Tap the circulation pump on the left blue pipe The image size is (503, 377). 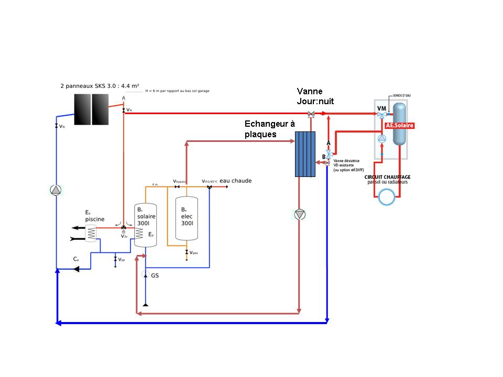[56, 190]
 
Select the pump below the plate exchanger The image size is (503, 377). [299, 214]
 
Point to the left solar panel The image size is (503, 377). [82, 108]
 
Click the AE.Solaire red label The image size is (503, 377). [400, 126]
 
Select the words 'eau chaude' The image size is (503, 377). [236, 181]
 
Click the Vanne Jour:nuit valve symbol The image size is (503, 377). [311, 114]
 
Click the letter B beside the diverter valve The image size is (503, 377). [324, 157]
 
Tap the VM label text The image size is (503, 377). [381, 108]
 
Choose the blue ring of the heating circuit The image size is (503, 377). [388, 197]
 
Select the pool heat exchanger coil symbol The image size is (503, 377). [91, 232]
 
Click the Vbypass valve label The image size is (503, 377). [180, 182]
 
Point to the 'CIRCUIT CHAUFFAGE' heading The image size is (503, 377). [388, 177]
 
